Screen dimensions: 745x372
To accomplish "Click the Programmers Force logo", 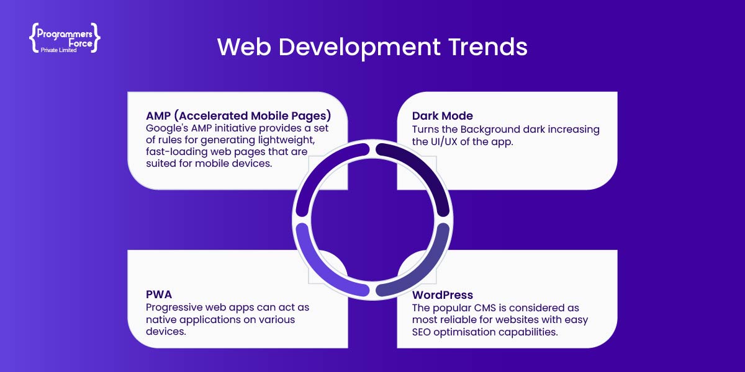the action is point(65,38).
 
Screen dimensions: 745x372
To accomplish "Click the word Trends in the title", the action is point(487,46).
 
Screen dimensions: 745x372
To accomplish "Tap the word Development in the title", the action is point(359,48).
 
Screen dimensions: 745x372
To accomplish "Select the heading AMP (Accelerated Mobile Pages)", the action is point(238,115).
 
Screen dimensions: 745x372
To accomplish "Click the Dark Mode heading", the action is point(442,115).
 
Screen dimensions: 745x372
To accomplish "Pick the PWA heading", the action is point(159,294).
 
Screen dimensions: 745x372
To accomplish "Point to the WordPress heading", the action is point(442,294).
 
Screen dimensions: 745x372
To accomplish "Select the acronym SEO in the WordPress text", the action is point(421,332).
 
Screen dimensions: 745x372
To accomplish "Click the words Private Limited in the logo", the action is point(58,50).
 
